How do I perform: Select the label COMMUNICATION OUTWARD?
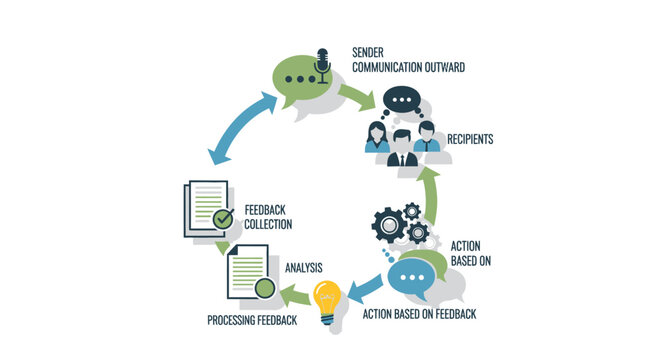point(409,68)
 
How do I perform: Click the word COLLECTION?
point(268,225)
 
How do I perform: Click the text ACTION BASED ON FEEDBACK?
point(417,314)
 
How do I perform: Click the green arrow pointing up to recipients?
point(432,195)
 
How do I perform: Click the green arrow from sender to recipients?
point(357,95)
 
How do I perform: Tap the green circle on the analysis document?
point(263,289)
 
